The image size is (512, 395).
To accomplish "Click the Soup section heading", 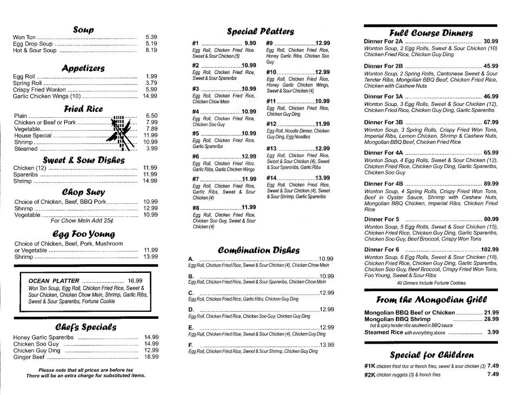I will point(83,29).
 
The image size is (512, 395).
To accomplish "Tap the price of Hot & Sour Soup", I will point(151,50).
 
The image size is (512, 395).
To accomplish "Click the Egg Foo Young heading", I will point(83,234).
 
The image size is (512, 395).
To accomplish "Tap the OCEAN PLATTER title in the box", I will point(54,280).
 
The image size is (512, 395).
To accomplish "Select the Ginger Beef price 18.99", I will point(151,357).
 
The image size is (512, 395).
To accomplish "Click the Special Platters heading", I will point(260,31).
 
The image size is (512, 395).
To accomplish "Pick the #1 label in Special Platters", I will point(196,43).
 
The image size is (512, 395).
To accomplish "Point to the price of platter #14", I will point(322,178).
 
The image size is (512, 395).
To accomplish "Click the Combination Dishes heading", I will point(258,250).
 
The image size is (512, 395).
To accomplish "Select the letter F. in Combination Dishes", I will point(191,344).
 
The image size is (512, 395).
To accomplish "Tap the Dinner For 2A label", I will point(383,41).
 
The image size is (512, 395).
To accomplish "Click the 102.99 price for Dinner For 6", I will point(489,249).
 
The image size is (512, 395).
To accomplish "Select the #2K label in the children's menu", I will point(369,374).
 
